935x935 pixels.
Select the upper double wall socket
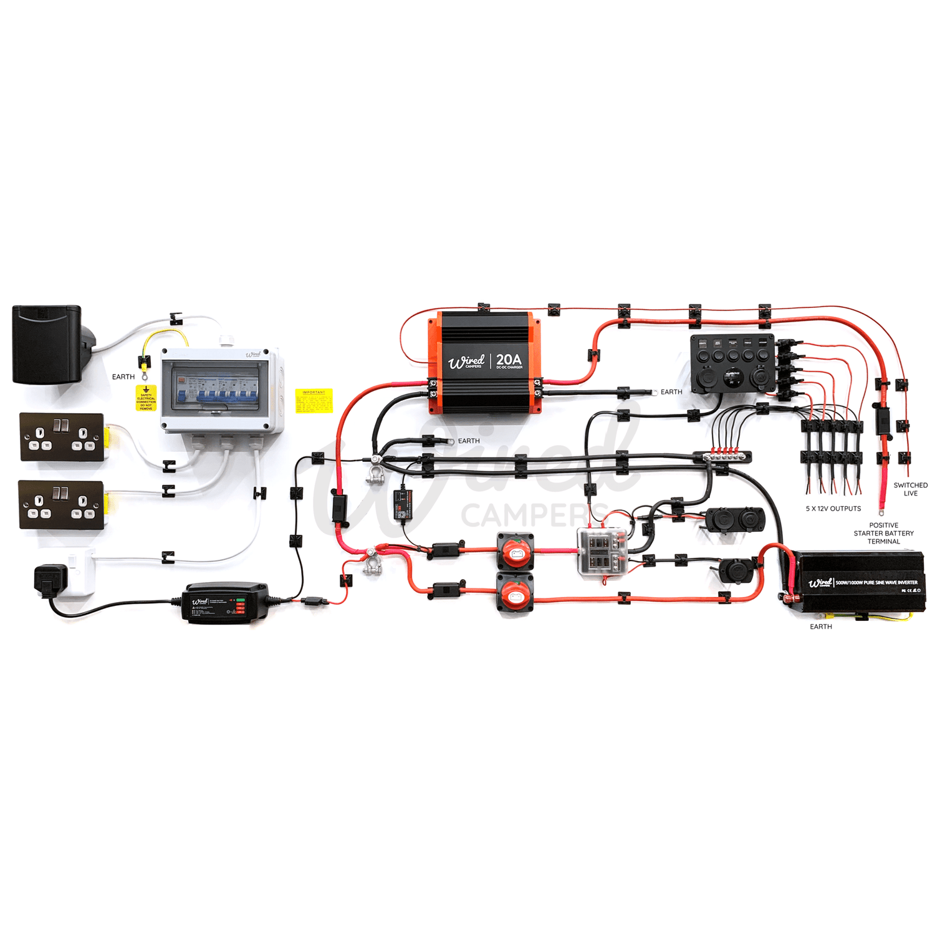(x=62, y=437)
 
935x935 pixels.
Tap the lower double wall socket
(x=61, y=504)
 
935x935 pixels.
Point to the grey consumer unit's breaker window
(x=216, y=388)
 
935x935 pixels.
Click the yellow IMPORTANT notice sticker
(x=314, y=401)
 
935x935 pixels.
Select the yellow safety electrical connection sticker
(x=146, y=398)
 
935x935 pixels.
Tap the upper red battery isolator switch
(x=515, y=550)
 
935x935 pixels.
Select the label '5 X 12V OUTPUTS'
(x=833, y=509)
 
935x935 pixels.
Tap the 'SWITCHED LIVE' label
(x=910, y=489)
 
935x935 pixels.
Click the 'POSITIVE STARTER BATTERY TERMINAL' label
(x=883, y=534)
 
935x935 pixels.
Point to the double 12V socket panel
(x=735, y=520)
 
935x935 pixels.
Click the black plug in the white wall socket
(x=50, y=578)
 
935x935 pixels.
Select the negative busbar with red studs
(x=726, y=456)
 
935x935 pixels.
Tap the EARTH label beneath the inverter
(x=820, y=626)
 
